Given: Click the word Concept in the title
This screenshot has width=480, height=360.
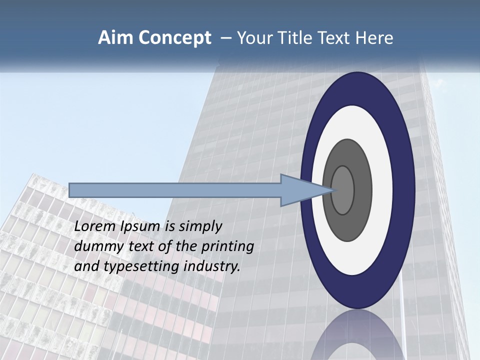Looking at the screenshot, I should tap(174, 38).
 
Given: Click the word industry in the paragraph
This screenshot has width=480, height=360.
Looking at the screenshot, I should tap(212, 266).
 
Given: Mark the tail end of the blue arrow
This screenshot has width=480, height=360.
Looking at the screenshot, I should tap(71, 190).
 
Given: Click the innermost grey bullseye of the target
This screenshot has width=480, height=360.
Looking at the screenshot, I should tap(343, 190).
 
